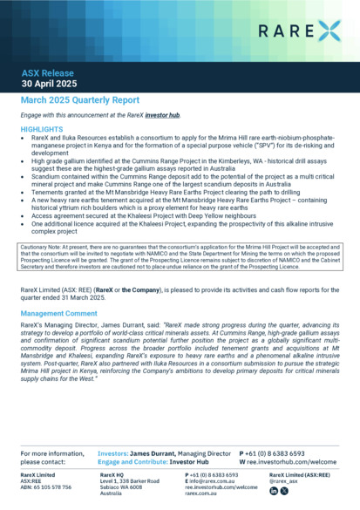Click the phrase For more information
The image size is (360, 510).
pyautogui.click(x=51, y=454)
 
